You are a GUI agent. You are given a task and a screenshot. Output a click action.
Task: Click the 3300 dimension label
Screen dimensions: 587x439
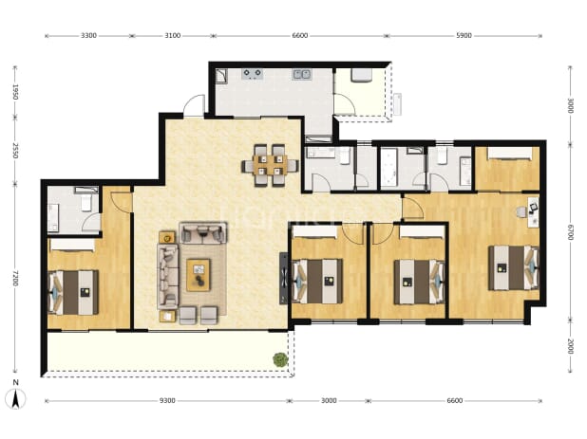pos(88,36)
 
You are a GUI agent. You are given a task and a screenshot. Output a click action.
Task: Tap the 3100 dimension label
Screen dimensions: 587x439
pos(173,36)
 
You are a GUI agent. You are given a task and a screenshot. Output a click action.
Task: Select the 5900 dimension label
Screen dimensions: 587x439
pos(464,36)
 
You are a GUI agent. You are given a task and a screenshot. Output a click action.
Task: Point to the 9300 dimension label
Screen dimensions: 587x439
pos(167,401)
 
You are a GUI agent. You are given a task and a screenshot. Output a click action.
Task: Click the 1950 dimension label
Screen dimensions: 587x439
pos(15,92)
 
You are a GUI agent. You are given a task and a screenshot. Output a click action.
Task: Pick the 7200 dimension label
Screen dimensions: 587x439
pos(15,279)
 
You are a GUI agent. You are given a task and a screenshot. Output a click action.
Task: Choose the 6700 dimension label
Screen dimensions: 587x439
pos(570,232)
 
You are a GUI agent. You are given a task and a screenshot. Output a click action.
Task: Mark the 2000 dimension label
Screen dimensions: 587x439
pos(570,346)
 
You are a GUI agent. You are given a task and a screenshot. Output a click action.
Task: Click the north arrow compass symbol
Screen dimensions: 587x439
pos(16,398)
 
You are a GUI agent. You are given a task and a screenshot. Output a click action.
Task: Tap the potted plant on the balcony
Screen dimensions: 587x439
pos(280,359)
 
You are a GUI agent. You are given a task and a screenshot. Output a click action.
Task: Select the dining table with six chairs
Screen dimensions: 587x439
pos(270,166)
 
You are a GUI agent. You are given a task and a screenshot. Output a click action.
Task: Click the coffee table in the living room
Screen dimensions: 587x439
pos(199,275)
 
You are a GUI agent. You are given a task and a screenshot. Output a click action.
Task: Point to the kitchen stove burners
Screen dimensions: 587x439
pos(252,74)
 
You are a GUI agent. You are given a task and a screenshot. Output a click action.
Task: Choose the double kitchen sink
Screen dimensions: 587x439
pos(301,74)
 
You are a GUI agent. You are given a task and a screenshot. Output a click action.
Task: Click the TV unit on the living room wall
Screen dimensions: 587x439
pos(284,279)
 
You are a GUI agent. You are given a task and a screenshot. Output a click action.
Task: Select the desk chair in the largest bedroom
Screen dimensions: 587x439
pos(521,212)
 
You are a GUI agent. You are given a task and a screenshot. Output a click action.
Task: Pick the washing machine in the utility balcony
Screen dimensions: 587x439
pos(361,75)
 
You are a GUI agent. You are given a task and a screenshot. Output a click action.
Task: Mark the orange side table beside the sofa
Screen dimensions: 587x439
pos(167,237)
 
